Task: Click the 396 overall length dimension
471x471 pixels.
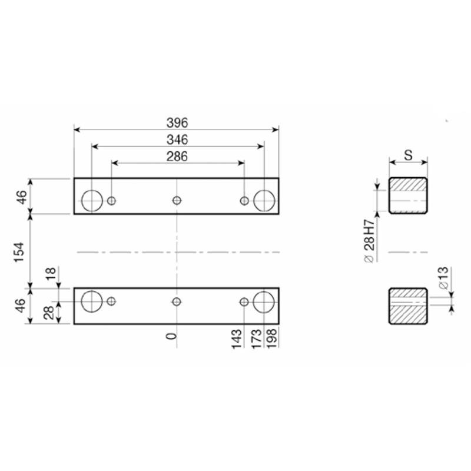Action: [x=177, y=123]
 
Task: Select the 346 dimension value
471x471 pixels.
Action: [x=177, y=140]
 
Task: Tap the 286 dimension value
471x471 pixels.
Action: [x=177, y=157]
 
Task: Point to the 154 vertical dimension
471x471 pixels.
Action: [x=19, y=252]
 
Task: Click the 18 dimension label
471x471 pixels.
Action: [x=51, y=273]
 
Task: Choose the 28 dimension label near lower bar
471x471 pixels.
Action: [x=49, y=313]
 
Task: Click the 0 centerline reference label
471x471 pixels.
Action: [x=171, y=336]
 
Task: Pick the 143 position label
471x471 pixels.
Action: [x=237, y=339]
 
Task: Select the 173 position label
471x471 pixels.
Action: [x=257, y=339]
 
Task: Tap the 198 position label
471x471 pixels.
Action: [x=271, y=339]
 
